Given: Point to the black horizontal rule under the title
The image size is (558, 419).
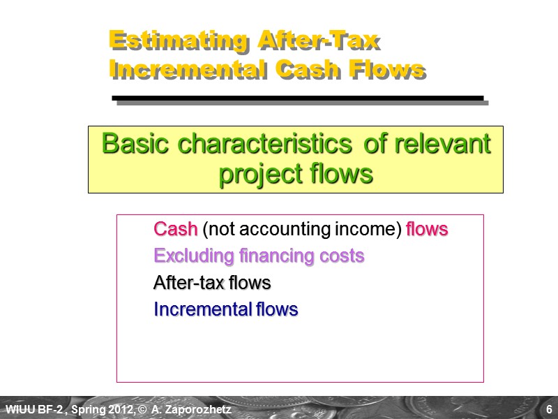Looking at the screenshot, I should (x=298, y=98).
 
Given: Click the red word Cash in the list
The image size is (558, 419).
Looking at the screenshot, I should (x=176, y=229).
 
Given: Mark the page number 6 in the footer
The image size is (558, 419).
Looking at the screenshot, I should (x=550, y=409).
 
